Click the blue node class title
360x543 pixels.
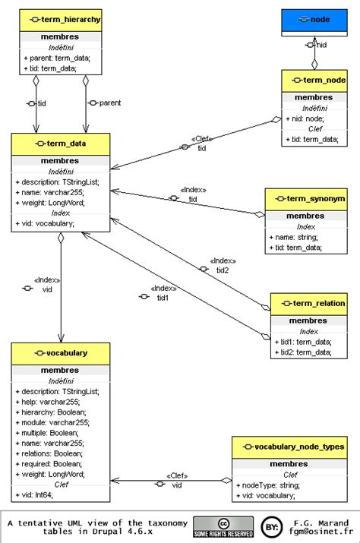(x=314, y=18)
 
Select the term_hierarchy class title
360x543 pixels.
(x=60, y=18)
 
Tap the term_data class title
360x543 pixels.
(x=60, y=144)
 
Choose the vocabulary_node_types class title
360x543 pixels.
(x=289, y=447)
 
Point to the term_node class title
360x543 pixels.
(x=314, y=81)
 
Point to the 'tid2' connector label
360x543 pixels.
(x=223, y=270)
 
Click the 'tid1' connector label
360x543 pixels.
(x=163, y=298)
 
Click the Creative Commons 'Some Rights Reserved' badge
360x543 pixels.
(x=223, y=528)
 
